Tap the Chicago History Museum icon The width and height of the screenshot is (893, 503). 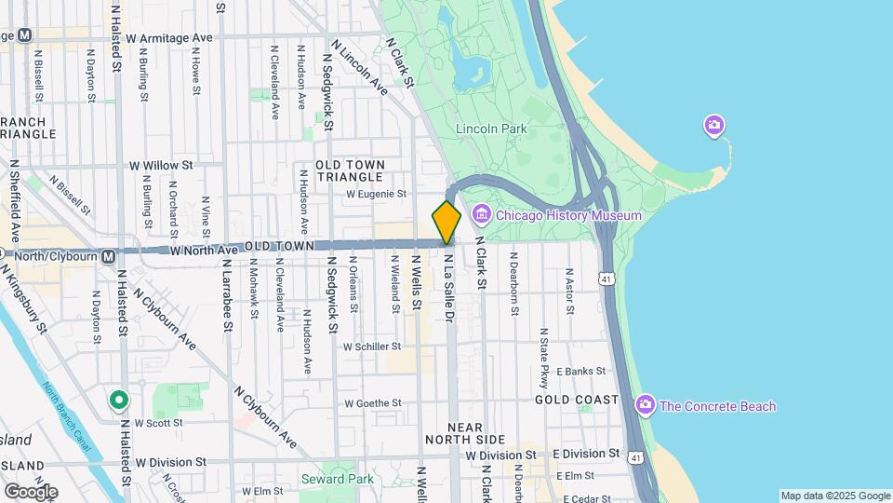(x=481, y=215)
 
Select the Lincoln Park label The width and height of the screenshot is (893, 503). (x=492, y=128)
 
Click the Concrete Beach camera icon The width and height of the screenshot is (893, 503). (x=646, y=405)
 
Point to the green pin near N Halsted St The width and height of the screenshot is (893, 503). (x=118, y=401)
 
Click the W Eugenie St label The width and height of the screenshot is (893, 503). (x=377, y=195)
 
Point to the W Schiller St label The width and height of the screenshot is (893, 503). (x=371, y=346)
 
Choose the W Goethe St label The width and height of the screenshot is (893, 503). (x=372, y=403)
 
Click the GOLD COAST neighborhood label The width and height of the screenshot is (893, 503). (x=577, y=400)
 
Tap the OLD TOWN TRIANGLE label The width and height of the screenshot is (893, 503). (x=349, y=170)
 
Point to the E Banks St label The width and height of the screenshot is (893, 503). (x=580, y=372)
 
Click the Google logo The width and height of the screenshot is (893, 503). (x=31, y=491)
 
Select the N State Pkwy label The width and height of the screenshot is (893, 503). (x=544, y=358)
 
